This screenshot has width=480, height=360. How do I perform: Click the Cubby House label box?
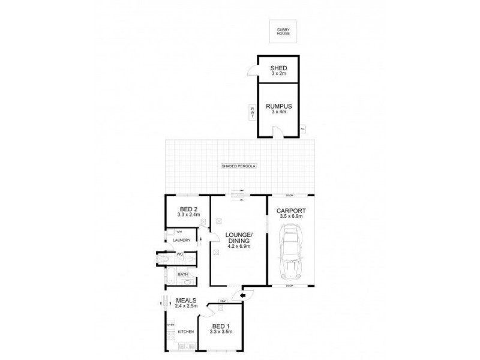click(x=283, y=31)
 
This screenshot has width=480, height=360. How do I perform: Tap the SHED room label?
click(x=277, y=67)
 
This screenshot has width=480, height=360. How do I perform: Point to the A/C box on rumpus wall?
click(x=302, y=128)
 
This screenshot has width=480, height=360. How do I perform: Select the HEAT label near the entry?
click(x=223, y=301)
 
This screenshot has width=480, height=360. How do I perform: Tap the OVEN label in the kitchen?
click(x=170, y=326)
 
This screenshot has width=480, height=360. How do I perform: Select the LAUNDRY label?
click(x=182, y=240)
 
